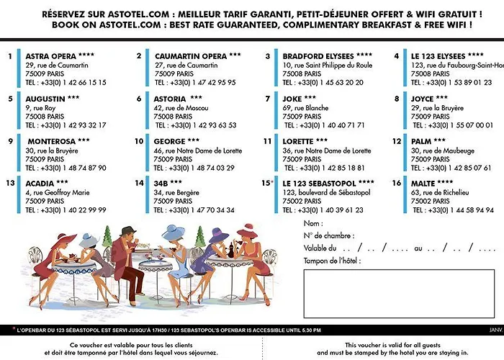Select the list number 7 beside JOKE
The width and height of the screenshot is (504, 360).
(267, 99)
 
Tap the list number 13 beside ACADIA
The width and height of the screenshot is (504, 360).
(10, 183)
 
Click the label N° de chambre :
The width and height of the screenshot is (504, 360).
(329, 235)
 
